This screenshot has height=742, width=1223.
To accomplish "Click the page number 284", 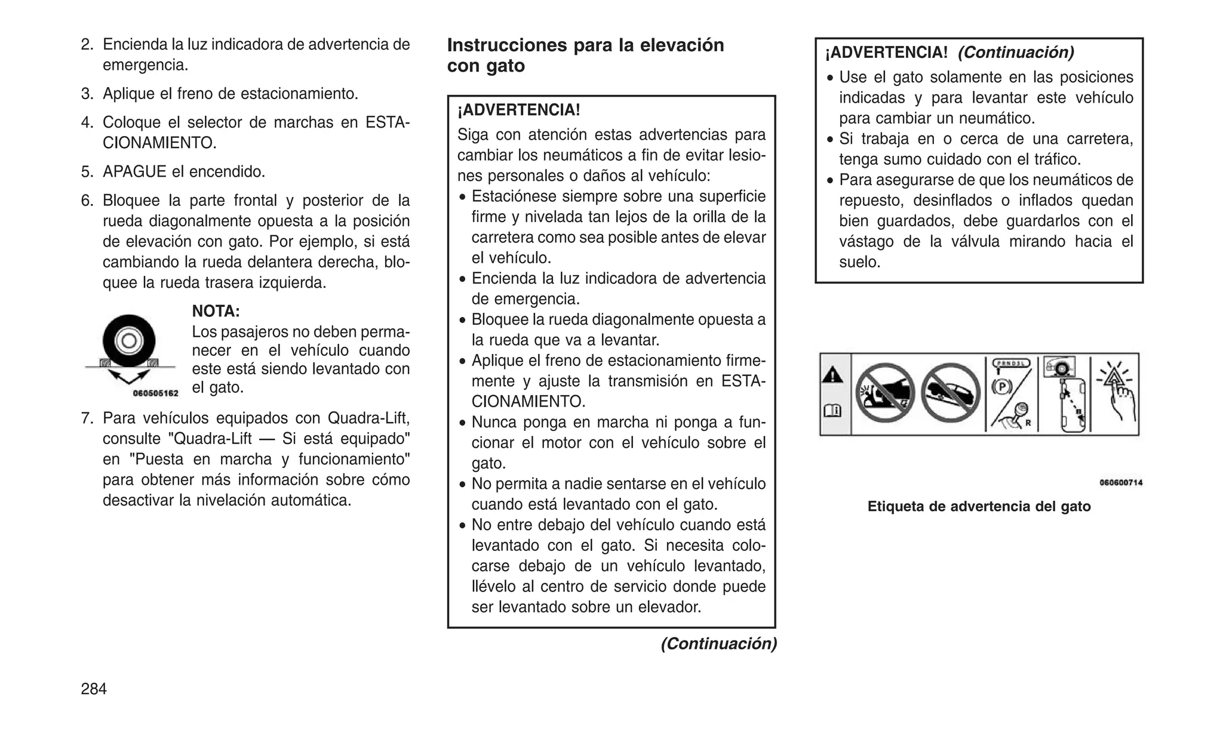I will point(94,689).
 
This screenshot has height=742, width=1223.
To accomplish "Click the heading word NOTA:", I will point(216,311).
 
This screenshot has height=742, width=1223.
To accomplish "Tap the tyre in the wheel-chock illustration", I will point(129,341).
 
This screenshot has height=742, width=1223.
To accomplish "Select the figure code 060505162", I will point(155,393).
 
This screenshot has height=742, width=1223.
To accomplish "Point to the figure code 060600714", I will point(1121,482).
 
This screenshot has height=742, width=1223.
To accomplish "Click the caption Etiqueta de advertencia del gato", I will point(979,506).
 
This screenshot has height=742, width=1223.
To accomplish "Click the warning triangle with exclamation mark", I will point(833,375).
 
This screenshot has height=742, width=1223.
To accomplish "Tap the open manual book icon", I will point(833,410).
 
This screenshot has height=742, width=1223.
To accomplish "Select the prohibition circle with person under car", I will point(885,393).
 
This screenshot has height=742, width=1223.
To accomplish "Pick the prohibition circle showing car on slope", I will point(951,393).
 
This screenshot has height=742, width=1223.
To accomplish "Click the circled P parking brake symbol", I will point(1001,387).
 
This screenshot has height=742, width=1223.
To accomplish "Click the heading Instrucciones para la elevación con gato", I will point(585,55).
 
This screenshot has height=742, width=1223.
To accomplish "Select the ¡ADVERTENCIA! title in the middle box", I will point(518,110).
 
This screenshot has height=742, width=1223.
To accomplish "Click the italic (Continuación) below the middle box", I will point(718,644).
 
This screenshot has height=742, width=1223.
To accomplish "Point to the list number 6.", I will point(87,201).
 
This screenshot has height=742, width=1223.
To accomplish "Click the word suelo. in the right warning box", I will point(859,262).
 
